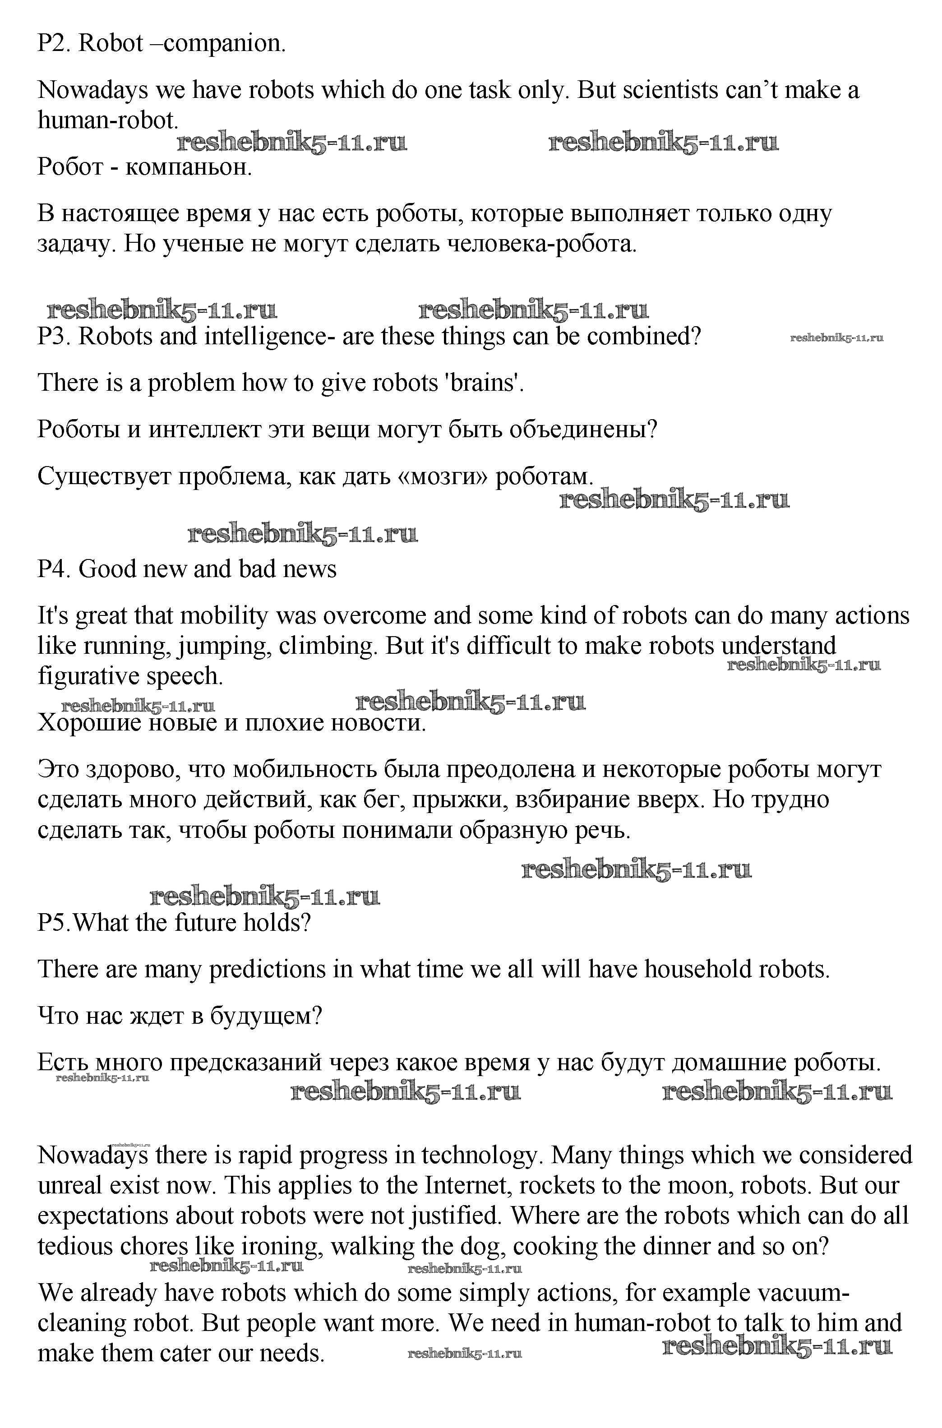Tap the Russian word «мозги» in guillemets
(443, 476)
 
